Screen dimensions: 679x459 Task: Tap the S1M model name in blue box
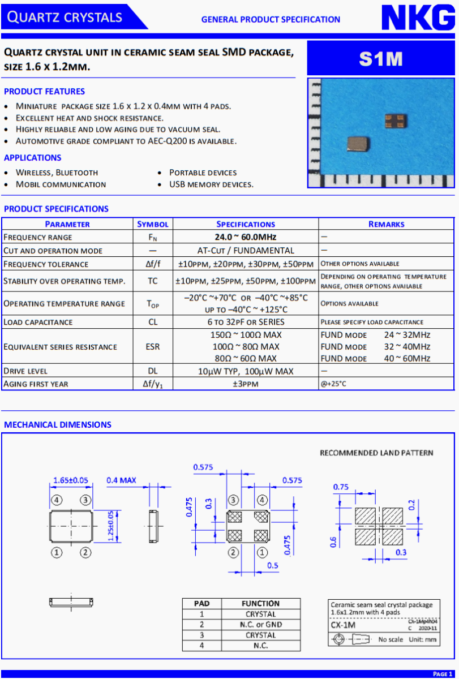pyautogui.click(x=380, y=59)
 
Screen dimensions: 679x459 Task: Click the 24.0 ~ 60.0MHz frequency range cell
pyautogui.click(x=246, y=237)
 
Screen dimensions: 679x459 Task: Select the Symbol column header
pyautogui.click(x=153, y=224)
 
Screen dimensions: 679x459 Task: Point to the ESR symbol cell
pyautogui.click(x=153, y=347)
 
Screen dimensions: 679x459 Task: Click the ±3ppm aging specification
pyautogui.click(x=246, y=384)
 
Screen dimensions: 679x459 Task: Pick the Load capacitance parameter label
pyautogui.click(x=38, y=322)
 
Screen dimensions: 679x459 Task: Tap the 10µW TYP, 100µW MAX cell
pyautogui.click(x=246, y=371)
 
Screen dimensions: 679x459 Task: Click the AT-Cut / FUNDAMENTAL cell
pyautogui.click(x=246, y=250)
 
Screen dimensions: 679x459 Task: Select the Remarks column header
pyautogui.click(x=386, y=224)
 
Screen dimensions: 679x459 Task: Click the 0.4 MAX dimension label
pyautogui.click(x=122, y=480)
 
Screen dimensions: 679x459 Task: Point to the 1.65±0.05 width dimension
pyautogui.click(x=71, y=480)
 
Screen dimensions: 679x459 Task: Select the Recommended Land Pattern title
pyautogui.click(x=376, y=453)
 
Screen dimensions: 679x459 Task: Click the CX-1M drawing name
pyautogui.click(x=343, y=625)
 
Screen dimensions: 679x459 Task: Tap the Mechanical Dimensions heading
pyautogui.click(x=58, y=424)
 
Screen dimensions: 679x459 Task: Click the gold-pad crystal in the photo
pyautogui.click(x=393, y=120)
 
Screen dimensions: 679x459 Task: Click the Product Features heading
pyautogui.click(x=44, y=91)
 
